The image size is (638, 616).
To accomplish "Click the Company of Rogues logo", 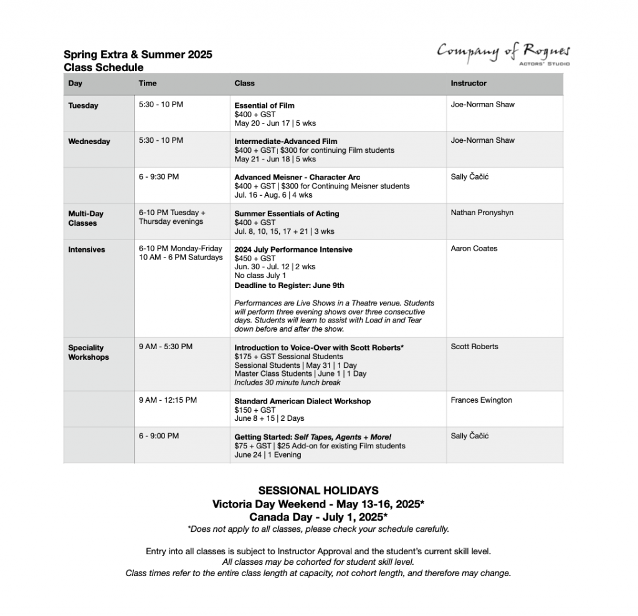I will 503,53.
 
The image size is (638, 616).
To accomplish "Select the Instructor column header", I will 469,83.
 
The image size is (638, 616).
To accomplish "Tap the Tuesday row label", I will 83,105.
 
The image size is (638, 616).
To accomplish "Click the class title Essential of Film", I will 264,105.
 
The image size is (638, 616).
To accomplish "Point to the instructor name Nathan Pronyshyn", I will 482,213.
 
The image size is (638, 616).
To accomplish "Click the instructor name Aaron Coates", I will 474,248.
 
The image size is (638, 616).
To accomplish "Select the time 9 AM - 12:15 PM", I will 168,400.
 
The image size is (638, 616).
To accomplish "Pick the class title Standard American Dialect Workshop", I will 302,401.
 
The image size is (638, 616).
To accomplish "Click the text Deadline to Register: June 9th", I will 289,286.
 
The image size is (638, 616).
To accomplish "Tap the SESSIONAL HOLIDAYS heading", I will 318,491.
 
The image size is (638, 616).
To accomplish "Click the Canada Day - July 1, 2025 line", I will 318,517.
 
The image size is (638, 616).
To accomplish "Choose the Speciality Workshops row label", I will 88,352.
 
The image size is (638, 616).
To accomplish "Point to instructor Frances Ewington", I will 481,400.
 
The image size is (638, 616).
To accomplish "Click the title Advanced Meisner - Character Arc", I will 297,177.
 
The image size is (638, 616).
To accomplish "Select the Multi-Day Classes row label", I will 85,218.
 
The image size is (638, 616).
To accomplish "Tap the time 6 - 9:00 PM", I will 158,436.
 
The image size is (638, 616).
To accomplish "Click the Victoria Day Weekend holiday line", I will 318,504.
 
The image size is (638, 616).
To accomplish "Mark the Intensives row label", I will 87,249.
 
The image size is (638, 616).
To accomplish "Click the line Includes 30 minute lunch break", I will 287,382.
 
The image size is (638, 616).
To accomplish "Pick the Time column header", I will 148,83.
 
